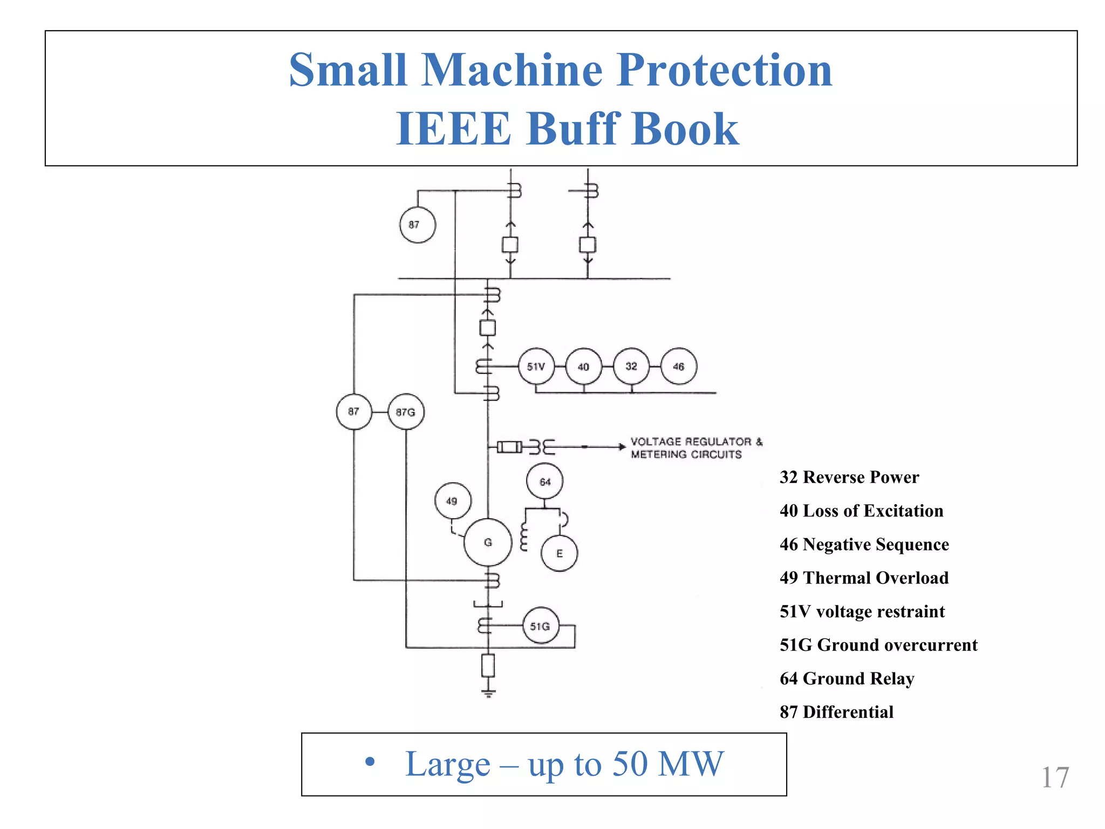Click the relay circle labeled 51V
536,366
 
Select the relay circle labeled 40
583,366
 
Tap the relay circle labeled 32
631,366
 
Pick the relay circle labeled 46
679,366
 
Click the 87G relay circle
406,412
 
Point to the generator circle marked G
488,542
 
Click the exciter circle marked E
560,553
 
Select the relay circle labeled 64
545,481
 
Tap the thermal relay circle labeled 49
452,501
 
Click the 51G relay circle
541,626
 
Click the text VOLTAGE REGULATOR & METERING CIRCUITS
696,448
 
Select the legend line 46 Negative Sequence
864,544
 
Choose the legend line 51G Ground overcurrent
878,644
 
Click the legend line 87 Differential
836,712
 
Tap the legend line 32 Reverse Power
849,477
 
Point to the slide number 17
1054,778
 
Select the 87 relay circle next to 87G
354,412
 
